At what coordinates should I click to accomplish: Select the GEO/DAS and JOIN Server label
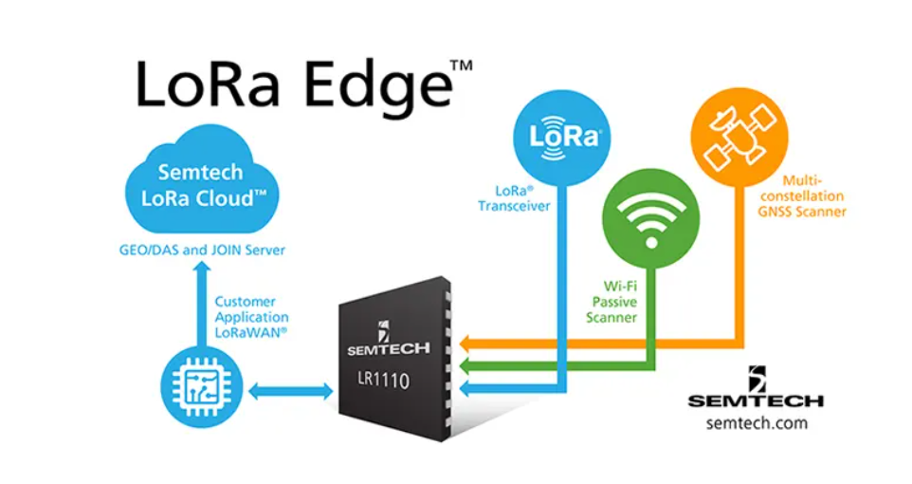(202, 251)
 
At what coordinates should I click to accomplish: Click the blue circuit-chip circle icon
(202, 387)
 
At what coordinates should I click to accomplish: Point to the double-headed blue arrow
(291, 391)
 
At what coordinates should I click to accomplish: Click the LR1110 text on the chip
(383, 380)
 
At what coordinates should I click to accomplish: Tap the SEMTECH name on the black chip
(389, 349)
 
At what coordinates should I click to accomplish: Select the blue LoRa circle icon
(562, 138)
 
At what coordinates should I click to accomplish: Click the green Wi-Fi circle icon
(651, 219)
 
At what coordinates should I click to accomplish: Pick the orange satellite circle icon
(739, 138)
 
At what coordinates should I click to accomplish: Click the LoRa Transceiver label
(514, 198)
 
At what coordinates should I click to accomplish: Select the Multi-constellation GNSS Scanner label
(801, 196)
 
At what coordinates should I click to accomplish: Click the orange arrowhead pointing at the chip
(465, 344)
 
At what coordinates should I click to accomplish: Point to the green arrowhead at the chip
(465, 366)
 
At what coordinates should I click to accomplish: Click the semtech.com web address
(757, 423)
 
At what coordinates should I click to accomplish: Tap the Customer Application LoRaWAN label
(251, 317)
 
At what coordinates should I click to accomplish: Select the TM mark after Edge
(462, 65)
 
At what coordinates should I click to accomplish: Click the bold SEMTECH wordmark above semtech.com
(757, 400)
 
